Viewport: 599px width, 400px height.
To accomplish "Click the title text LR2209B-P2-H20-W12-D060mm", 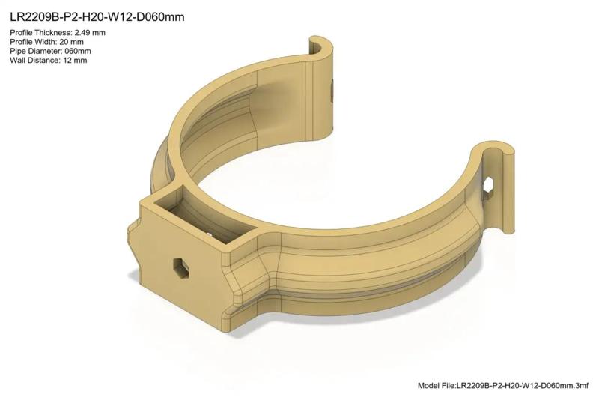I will click(97, 16).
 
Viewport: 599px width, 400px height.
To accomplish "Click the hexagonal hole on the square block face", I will click(180, 267).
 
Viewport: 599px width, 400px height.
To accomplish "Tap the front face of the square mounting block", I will click(180, 262).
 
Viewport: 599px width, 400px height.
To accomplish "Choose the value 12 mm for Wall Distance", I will click(76, 60).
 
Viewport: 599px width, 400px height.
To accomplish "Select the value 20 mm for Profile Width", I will click(78, 42).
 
